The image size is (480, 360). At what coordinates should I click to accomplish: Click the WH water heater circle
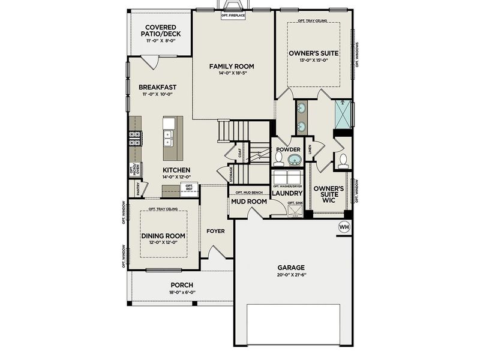coord(344,227)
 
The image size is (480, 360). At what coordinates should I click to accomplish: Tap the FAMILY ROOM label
coord(232,66)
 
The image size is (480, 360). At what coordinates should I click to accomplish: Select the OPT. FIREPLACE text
coord(233,15)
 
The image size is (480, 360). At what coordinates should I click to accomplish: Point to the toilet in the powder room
coord(278,158)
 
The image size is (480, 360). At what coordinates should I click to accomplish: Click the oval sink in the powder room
coord(294,160)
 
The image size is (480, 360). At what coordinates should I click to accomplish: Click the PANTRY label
coord(138,190)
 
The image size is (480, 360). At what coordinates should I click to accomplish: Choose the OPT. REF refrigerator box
coord(188,188)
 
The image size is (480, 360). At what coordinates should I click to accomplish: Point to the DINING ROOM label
coord(163,236)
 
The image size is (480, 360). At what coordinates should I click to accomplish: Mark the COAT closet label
coord(240,154)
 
